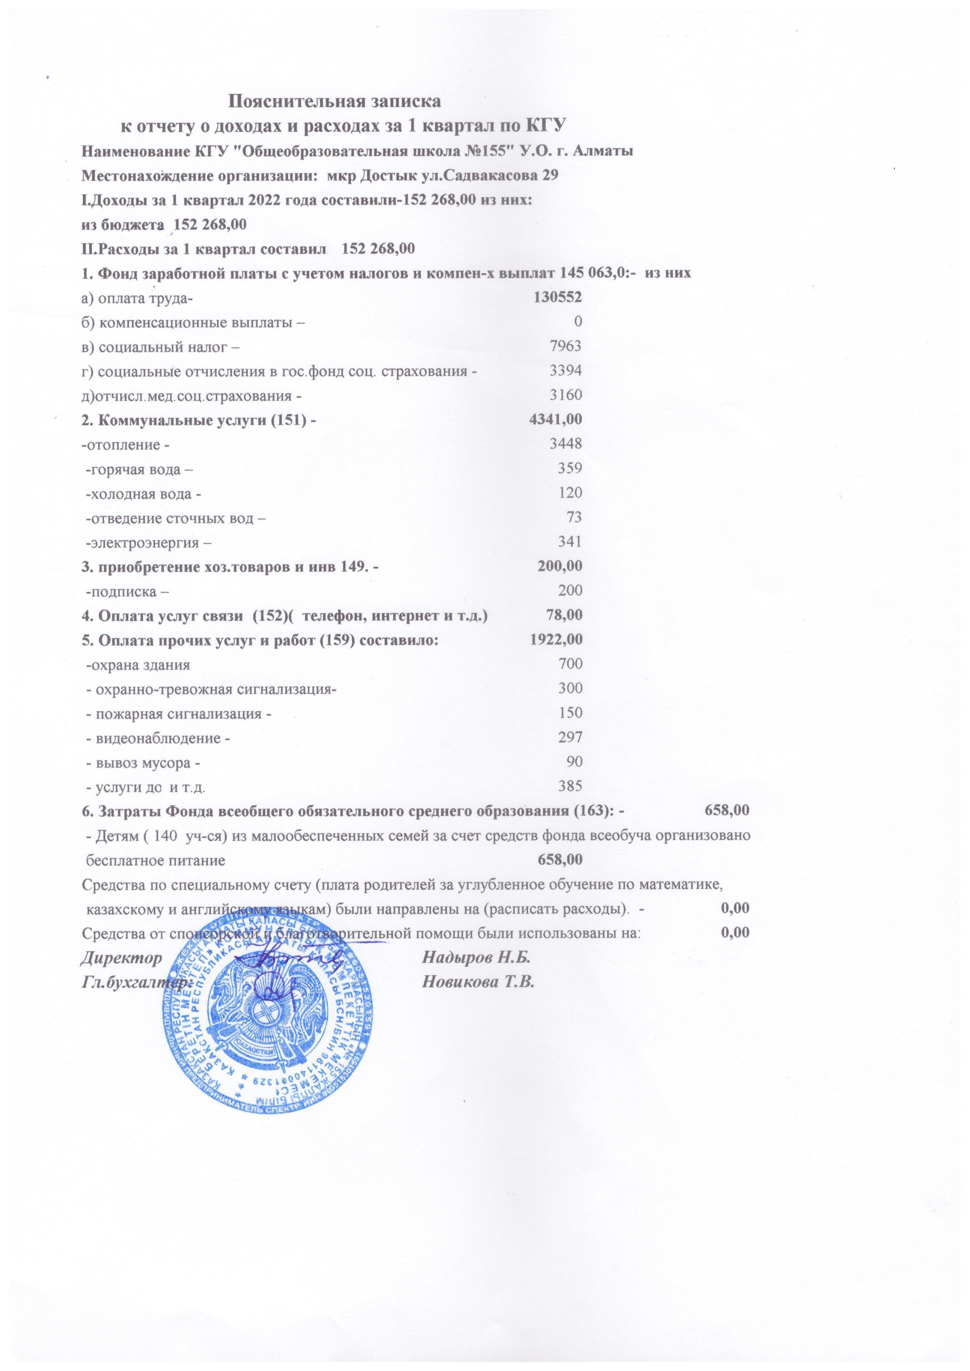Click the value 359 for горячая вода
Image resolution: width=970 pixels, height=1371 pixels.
pos(570,468)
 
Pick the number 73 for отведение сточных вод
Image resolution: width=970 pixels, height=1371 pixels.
pos(574,517)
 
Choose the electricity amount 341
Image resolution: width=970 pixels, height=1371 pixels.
pos(570,541)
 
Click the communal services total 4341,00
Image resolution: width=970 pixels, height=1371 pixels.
pos(556,419)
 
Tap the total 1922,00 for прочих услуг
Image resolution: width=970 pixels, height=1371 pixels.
pos(556,640)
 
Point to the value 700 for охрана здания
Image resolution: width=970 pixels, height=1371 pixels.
pos(570,664)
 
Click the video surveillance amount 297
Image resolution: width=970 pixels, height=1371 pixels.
pos(570,737)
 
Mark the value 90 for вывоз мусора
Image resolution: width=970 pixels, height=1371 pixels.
pos(574,762)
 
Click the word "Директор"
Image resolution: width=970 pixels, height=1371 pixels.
pos(121,958)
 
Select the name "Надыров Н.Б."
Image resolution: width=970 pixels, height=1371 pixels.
pos(477,958)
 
